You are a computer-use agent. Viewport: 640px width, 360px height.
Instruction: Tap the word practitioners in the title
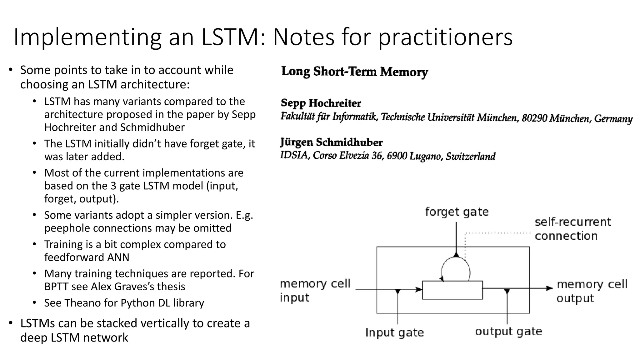pyautogui.click(x=445, y=38)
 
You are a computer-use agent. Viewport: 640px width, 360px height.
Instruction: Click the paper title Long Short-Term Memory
pyautogui.click(x=354, y=72)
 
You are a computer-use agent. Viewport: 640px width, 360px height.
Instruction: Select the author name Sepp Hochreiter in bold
pyautogui.click(x=321, y=103)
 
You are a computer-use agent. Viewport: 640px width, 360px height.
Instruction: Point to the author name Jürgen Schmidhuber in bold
pyautogui.click(x=331, y=142)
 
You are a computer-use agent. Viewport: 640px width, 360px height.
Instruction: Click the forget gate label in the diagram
pyautogui.click(x=457, y=212)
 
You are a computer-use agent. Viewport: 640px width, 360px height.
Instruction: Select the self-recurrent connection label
pyautogui.click(x=572, y=229)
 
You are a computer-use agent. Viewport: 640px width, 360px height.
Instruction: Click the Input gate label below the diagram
pyautogui.click(x=394, y=332)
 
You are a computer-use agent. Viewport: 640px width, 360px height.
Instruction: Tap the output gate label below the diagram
pyautogui.click(x=508, y=331)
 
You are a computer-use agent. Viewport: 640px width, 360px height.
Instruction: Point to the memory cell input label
pyautogui.click(x=315, y=290)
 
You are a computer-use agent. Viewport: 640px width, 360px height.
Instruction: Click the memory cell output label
pyautogui.click(x=592, y=291)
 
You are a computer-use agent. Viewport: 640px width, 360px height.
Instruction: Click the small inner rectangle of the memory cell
pyautogui.click(x=452, y=290)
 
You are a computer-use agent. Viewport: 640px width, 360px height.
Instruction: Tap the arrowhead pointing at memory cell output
pyautogui.click(x=549, y=288)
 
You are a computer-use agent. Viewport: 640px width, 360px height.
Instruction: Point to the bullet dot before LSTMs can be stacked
pyautogui.click(x=11, y=323)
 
